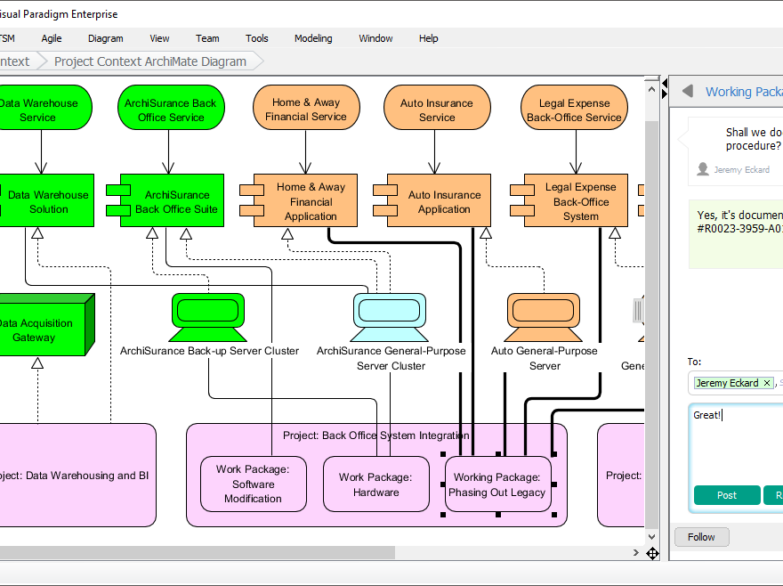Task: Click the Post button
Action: (726, 495)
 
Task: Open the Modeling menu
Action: (313, 38)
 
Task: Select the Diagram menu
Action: (106, 38)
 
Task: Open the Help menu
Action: (428, 38)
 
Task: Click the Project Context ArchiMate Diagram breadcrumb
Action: (150, 61)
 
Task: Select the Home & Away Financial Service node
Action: (305, 110)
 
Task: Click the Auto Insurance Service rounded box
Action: (437, 110)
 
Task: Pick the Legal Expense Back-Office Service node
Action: (574, 110)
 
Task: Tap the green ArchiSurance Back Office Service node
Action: (170, 110)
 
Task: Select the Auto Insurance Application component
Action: (443, 201)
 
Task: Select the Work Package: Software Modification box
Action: (253, 484)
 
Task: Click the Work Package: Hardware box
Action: (375, 484)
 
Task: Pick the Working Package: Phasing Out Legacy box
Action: (497, 484)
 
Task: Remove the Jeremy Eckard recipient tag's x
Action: (767, 383)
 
